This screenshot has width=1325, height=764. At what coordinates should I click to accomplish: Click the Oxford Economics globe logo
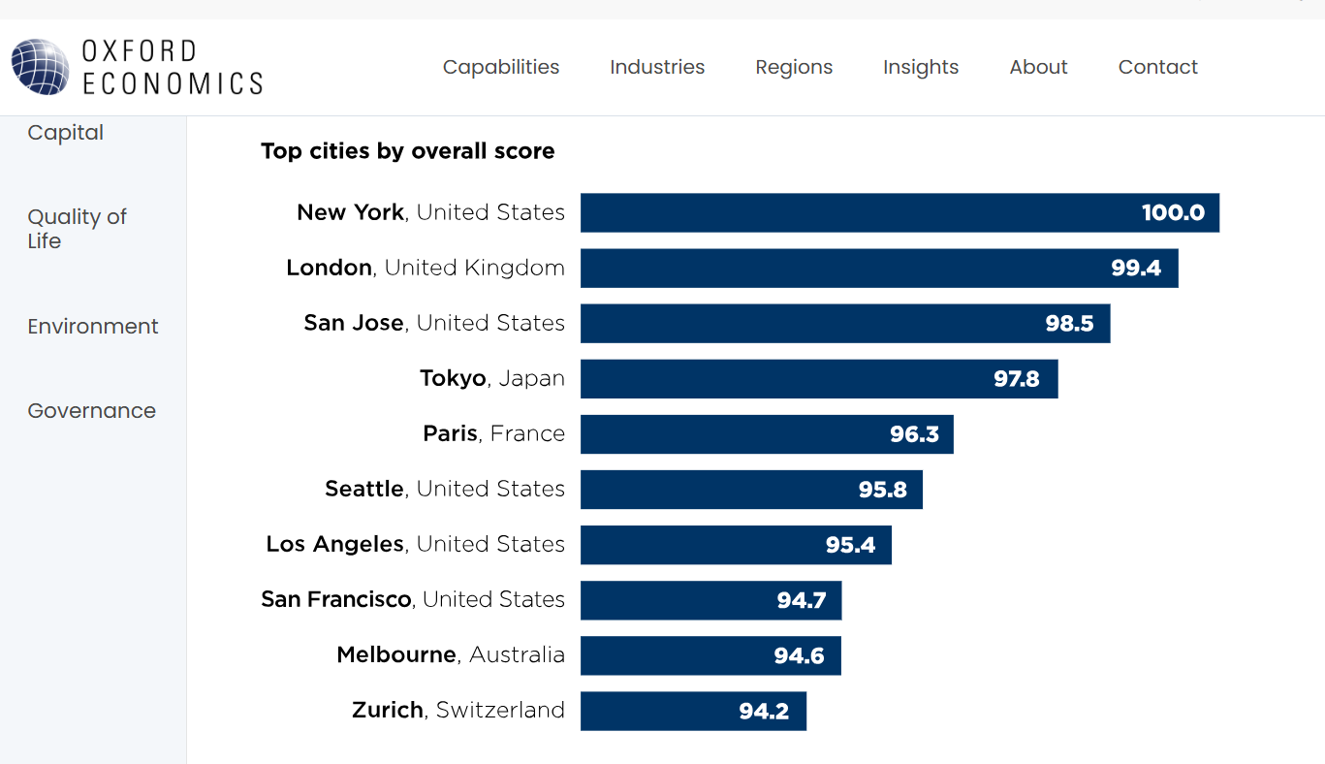point(40,67)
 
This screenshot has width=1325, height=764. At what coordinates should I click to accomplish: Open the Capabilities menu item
point(501,67)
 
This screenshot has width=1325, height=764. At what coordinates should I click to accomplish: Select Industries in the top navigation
point(657,67)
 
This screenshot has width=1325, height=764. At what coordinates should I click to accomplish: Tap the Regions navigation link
point(794,67)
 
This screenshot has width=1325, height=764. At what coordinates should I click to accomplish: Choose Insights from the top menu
point(920,67)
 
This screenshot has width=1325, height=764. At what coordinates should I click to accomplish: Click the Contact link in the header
point(1157,67)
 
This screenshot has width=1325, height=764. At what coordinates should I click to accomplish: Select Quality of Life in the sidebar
point(77,229)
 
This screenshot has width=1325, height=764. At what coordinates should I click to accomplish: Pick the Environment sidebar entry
point(92,327)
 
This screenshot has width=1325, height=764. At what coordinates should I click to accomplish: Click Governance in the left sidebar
point(91,411)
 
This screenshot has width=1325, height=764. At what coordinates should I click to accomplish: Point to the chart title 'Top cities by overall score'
point(407,151)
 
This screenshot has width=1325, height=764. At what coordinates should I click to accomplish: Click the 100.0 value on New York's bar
point(1173,213)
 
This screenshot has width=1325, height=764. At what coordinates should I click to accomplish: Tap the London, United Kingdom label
point(425,269)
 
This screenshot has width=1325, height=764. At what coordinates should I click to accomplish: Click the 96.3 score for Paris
point(914,434)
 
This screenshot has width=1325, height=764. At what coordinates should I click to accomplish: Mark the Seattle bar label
point(444,490)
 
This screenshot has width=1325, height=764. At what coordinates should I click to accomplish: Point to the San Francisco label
point(412,600)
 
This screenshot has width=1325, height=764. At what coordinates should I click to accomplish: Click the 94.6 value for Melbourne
point(799,656)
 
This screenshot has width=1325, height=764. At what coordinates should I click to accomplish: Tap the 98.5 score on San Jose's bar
point(1069,324)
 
